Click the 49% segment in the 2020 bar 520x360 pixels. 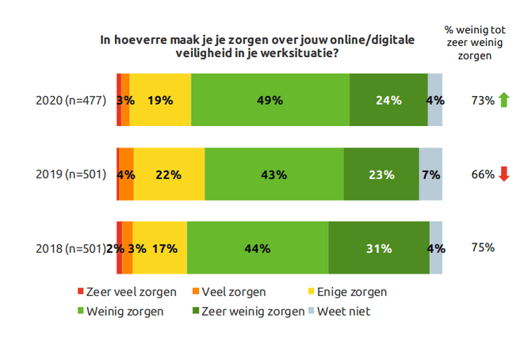(x=270, y=100)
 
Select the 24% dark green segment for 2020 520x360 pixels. (x=388, y=100)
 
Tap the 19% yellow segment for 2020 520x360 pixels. (x=160, y=100)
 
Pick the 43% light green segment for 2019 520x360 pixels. (x=274, y=174)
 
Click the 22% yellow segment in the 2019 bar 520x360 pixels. (x=169, y=174)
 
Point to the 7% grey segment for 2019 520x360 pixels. (x=430, y=174)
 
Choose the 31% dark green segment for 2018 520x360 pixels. (x=379, y=248)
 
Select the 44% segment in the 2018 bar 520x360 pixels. (x=258, y=248)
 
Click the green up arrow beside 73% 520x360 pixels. (x=503, y=100)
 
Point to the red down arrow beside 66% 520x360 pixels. (x=503, y=174)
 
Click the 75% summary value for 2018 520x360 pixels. (x=483, y=247)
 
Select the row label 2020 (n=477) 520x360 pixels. (x=71, y=101)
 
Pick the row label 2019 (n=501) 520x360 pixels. (x=71, y=174)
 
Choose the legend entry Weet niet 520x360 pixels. (x=342, y=312)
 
